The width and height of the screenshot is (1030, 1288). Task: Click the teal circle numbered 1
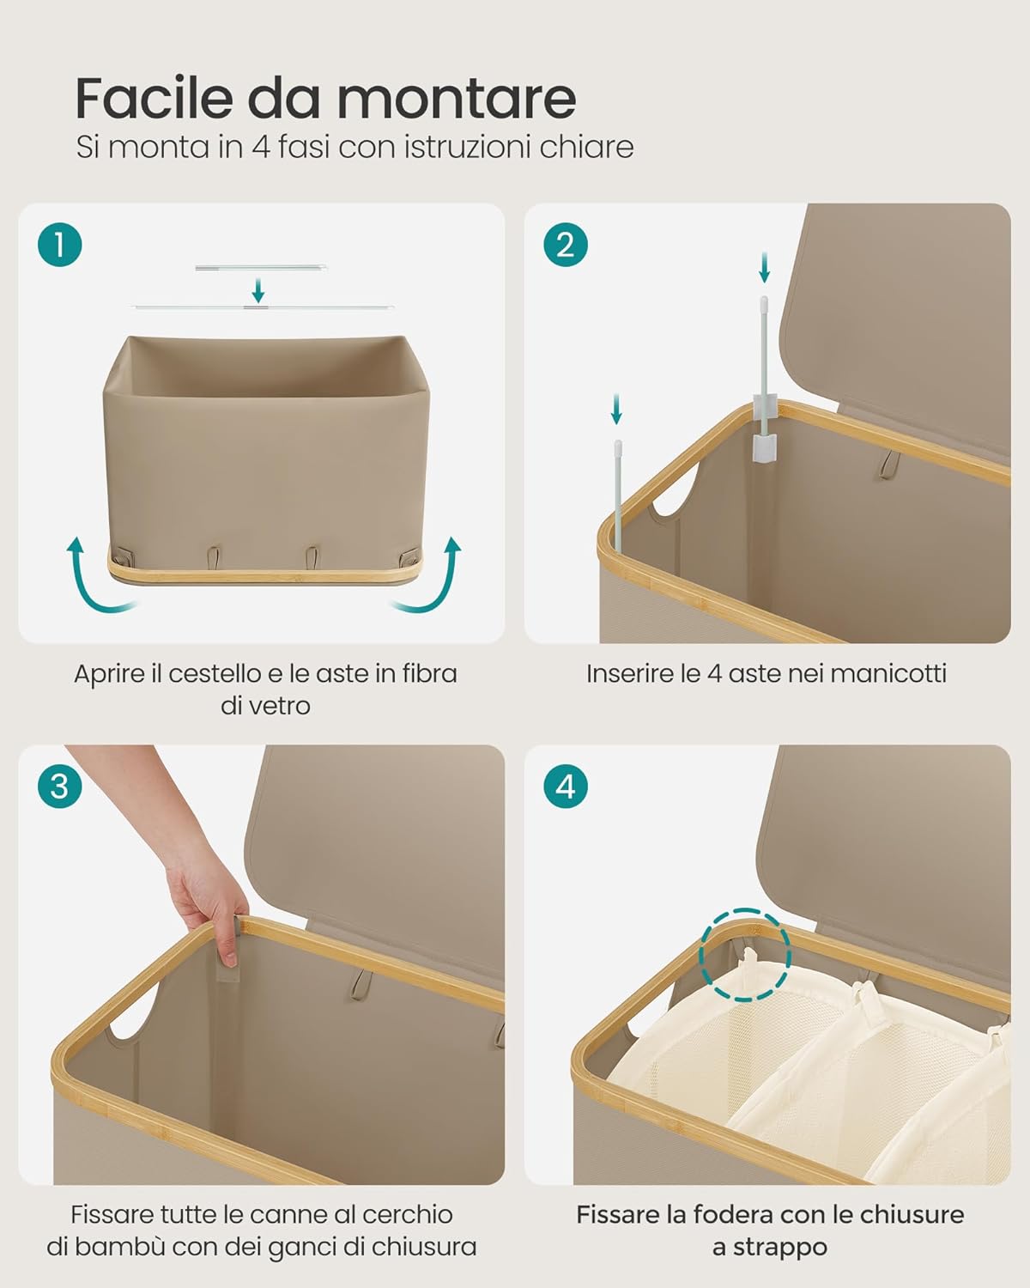[x=59, y=245]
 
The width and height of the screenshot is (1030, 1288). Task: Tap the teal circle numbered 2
[x=565, y=245]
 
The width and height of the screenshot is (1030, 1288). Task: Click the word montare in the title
[x=457, y=100]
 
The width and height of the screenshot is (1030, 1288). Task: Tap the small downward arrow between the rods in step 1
[x=258, y=290]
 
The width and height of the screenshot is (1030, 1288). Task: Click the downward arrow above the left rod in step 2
[x=616, y=410]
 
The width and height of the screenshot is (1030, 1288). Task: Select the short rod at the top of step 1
[x=261, y=268]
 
